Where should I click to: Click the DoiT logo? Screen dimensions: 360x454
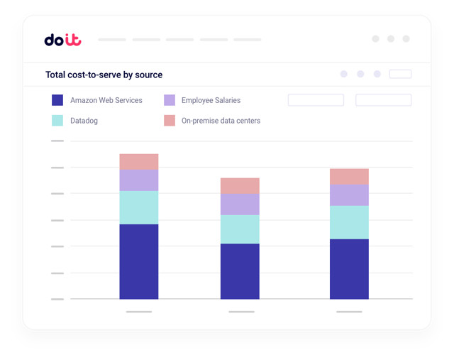[62, 40]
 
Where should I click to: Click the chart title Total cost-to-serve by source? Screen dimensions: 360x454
[104, 75]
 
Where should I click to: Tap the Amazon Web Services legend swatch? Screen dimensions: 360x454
[58, 100]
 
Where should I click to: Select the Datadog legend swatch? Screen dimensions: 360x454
[58, 121]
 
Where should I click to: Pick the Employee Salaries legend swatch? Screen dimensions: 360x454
[170, 100]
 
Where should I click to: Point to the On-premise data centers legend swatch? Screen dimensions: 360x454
[170, 121]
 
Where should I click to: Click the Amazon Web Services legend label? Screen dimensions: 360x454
[106, 100]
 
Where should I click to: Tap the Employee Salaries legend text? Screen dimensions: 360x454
[211, 100]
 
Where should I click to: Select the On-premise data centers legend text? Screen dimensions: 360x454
[221, 121]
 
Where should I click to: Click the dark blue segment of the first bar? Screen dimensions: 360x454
[139, 261]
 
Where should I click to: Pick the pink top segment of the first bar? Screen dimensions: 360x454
[139, 162]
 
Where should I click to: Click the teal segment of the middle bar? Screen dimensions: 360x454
[240, 229]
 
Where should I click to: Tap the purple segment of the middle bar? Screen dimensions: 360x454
[240, 204]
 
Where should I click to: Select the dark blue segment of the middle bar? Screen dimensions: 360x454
[240, 271]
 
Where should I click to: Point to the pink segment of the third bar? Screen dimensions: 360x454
[349, 177]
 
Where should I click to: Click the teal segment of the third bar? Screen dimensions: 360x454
[349, 222]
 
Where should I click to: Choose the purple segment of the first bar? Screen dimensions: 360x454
[139, 180]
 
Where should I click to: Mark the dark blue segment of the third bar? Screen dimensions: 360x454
[349, 268]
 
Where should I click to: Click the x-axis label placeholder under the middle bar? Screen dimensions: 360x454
[241, 312]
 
